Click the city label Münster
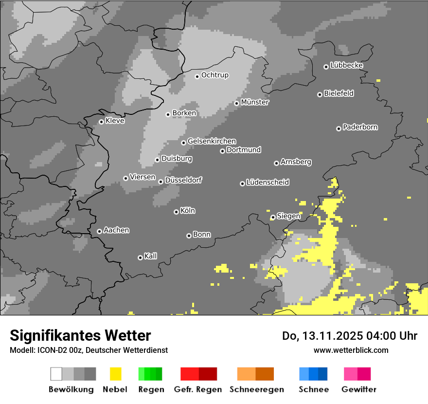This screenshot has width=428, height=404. [x=255, y=102]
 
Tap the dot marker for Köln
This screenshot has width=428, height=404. [x=176, y=212]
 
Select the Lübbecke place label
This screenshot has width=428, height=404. [x=347, y=65]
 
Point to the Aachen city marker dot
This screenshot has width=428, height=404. [x=99, y=231]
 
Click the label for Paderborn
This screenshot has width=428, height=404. [x=360, y=127]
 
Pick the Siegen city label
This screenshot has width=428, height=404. [x=288, y=216]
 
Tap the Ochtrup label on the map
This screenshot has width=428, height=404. [x=215, y=75]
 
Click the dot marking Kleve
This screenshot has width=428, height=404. [x=101, y=122]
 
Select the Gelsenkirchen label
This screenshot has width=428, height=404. [x=212, y=141]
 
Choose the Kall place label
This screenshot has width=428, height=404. [x=151, y=256]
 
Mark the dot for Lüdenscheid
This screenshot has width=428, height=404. [x=242, y=184]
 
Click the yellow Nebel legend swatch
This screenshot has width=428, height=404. [x=115, y=374]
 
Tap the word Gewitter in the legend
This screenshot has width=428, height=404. [x=359, y=389]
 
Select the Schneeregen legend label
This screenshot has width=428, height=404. [x=256, y=389]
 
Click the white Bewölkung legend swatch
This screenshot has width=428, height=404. [x=56, y=374]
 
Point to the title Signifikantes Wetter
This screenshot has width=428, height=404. [x=80, y=335]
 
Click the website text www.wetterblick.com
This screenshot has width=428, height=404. [x=351, y=350]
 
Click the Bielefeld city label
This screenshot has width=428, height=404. [x=339, y=93]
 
